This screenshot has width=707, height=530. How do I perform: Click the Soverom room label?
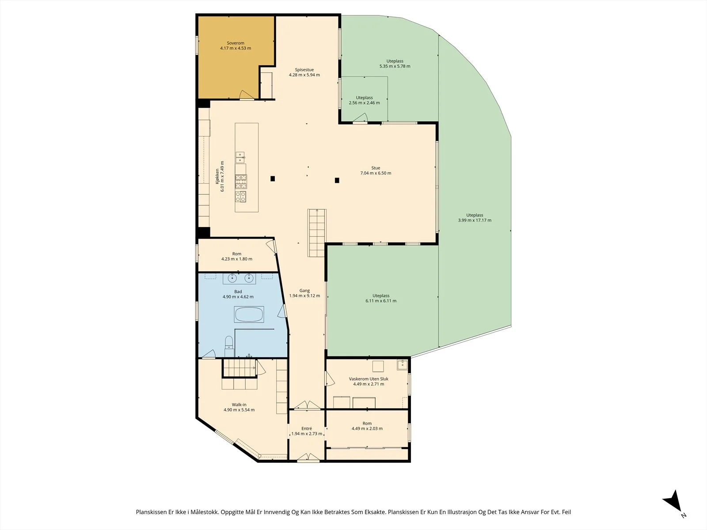point(236,43)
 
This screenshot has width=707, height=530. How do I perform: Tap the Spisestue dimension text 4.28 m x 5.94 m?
point(304,75)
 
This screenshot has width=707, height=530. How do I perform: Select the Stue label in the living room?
point(376,168)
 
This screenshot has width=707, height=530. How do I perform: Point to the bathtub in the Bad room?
point(249,314)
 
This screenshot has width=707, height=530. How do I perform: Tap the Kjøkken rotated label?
point(217,176)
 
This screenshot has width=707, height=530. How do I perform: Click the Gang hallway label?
point(304,291)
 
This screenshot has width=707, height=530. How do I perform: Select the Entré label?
point(307,428)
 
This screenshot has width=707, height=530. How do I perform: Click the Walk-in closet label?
point(239,405)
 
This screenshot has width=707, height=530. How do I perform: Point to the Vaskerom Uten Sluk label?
point(369,379)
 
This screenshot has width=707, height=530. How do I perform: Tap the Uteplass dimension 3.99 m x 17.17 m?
point(475,220)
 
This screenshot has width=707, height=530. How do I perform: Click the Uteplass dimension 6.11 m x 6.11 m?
point(381,301)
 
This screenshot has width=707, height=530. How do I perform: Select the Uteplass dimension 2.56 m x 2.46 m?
point(364,103)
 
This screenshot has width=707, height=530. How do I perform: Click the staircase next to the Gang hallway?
point(317,233)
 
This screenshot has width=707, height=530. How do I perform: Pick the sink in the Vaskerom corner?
point(402,365)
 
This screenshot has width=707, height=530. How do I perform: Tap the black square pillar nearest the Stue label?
point(337,181)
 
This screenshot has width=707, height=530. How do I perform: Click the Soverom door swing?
point(247,95)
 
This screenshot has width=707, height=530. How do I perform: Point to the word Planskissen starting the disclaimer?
point(152,512)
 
